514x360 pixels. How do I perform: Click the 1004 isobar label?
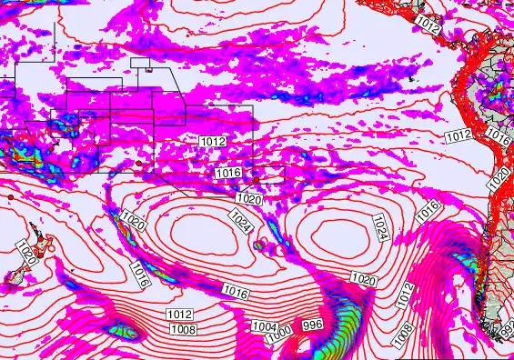coord(264,326)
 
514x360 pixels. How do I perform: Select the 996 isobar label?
coord(312,325)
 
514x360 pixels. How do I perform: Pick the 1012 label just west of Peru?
coord(458,136)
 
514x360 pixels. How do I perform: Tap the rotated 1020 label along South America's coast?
coord(499,178)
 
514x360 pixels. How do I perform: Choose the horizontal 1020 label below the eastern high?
coord(363,279)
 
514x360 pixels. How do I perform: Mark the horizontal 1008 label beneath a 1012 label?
coord(182,329)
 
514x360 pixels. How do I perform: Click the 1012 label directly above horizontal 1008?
coord(179,315)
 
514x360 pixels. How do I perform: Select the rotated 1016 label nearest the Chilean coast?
coord(428,212)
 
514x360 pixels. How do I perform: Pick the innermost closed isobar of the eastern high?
coord(333,238)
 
